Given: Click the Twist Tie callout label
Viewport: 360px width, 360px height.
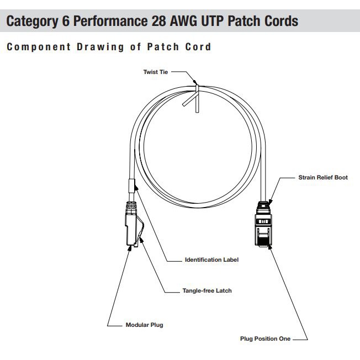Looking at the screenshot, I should [155, 72].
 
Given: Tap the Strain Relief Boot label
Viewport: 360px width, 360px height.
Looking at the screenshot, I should [323, 178].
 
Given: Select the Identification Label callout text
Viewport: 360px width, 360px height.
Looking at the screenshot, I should [211, 259].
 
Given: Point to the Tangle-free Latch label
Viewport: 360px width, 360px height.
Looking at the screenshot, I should [207, 290].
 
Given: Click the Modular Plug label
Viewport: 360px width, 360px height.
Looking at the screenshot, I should [144, 325].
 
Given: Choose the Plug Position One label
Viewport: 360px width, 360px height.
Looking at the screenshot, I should [265, 338].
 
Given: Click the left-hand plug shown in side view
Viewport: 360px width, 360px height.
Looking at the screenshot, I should [132, 226].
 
